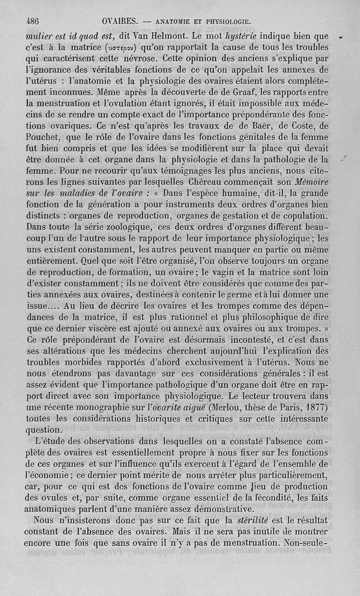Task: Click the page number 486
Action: click(x=33, y=21)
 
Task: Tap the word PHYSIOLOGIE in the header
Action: click(x=228, y=21)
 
